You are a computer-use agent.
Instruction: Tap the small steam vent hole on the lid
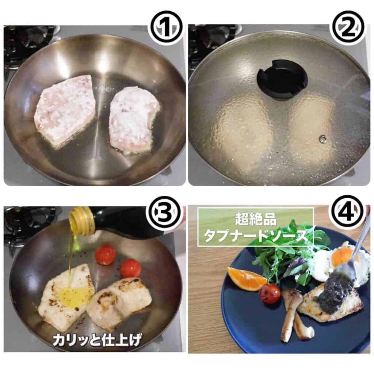tap(323, 138)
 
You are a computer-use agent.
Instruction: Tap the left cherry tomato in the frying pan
tap(105, 255)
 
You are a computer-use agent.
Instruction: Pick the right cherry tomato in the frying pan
tap(130, 268)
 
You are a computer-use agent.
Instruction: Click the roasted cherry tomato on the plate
tap(270, 294)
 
